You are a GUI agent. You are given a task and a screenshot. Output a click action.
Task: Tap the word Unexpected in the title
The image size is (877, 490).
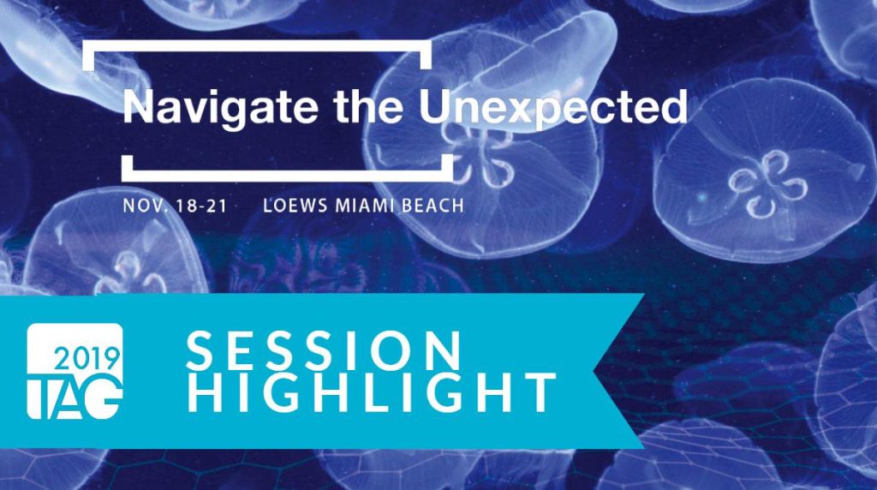pyautogui.click(x=552, y=107)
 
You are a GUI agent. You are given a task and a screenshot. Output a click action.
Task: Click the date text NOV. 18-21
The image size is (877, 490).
pyautogui.click(x=175, y=206)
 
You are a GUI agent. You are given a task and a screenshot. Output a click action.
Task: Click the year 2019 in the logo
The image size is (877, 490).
pyautogui.click(x=87, y=359)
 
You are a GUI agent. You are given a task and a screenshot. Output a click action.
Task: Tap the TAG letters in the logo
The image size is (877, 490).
pyautogui.click(x=75, y=397)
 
